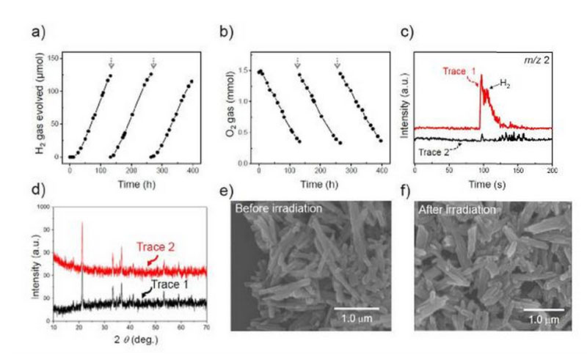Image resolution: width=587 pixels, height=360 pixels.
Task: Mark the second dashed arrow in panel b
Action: (x=337, y=65)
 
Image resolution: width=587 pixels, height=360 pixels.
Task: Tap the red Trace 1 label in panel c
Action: (x=459, y=72)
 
